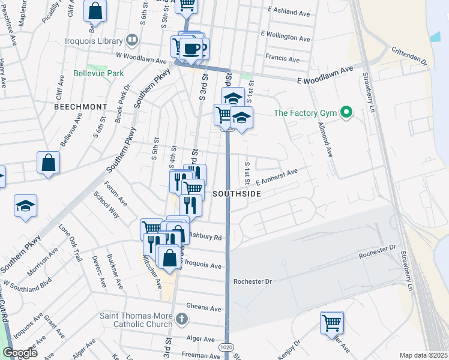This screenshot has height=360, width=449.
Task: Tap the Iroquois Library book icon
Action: click(132, 40)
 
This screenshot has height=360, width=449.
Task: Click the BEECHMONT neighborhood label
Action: click(80, 106)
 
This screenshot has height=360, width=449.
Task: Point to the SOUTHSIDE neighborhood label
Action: click(237, 194)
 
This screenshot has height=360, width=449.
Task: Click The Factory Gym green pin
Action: click(346, 112)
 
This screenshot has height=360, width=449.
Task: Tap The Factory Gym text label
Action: click(306, 112)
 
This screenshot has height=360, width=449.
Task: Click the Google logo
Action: click(20, 353)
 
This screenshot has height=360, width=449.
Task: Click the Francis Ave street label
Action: click(282, 59)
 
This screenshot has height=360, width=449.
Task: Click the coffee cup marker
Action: click(192, 49)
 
